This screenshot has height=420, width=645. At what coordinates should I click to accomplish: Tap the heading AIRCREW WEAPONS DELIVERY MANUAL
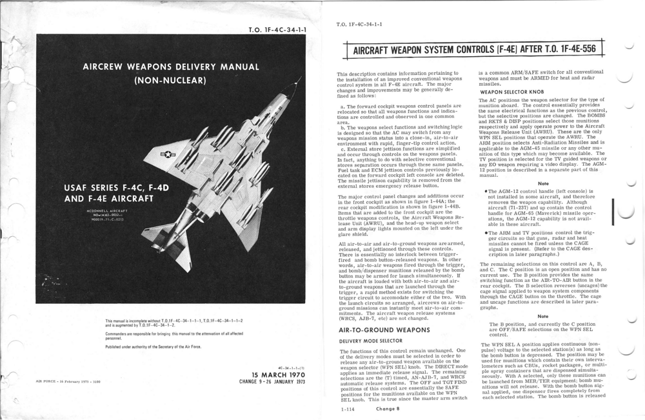[x=171, y=67]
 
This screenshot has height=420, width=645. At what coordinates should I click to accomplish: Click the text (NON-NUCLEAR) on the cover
[x=170, y=81]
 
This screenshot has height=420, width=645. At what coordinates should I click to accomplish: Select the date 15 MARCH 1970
[x=279, y=375]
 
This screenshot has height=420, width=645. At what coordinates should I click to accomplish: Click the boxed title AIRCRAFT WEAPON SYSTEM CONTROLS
[x=474, y=49]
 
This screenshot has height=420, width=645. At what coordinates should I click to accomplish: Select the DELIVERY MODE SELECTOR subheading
[x=370, y=341]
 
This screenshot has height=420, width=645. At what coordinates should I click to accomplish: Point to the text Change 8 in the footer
[x=388, y=408]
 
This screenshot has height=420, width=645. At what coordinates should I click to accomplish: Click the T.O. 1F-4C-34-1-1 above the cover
[x=277, y=30]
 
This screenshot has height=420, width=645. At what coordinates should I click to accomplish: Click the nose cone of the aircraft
[x=298, y=85]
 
